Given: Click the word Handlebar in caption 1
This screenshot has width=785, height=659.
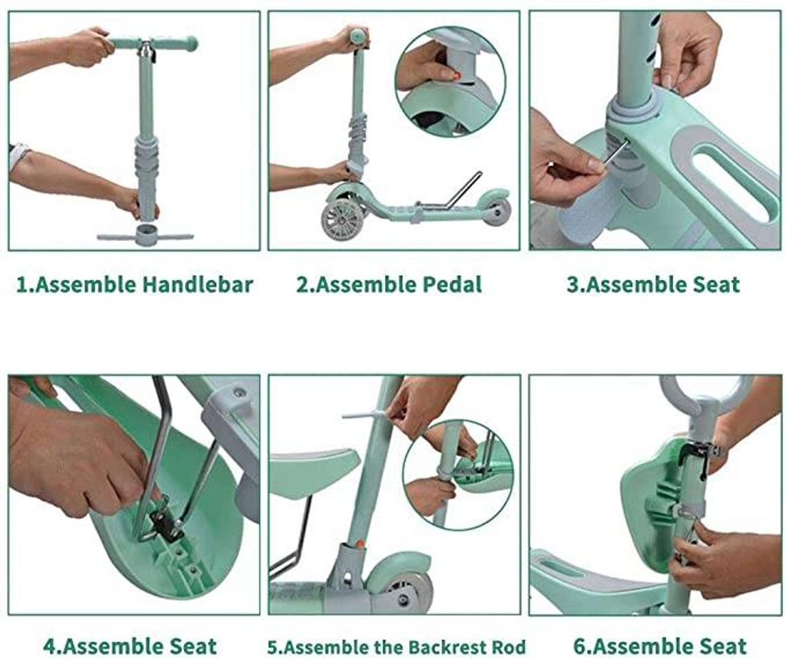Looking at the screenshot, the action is [x=198, y=284].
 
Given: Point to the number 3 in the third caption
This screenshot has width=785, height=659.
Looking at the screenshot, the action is [x=573, y=285].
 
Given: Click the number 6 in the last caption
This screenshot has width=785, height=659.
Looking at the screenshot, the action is [x=580, y=647].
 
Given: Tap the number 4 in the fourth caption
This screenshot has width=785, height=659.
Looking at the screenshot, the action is [x=49, y=647].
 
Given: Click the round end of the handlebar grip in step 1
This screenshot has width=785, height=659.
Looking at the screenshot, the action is [x=191, y=44].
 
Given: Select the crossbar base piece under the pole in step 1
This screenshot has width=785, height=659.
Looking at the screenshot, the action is [x=145, y=235].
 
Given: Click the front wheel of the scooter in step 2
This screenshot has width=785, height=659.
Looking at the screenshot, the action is [x=343, y=220].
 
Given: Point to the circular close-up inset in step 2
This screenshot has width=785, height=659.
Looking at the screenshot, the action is [x=450, y=82].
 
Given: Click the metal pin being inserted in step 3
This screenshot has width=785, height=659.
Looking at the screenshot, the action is [x=614, y=152].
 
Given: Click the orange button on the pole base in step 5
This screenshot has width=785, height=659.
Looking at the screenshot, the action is [x=360, y=543].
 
